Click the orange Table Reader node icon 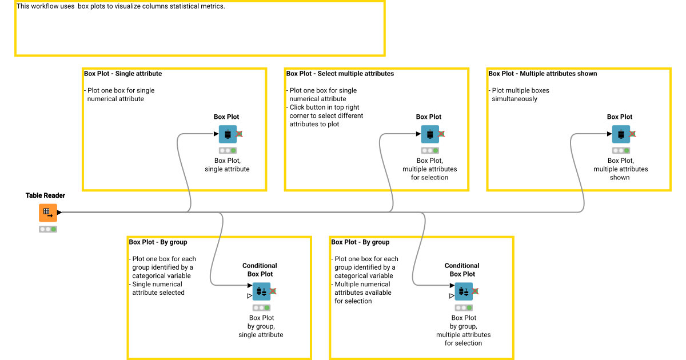(x=48, y=213)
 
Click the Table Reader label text (x=45, y=195)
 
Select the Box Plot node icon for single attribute (x=228, y=134)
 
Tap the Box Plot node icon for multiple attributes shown (x=621, y=134)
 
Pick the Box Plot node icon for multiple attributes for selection (x=430, y=134)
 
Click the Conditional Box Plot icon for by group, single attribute (x=261, y=291)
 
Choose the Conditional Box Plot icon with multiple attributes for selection (x=464, y=291)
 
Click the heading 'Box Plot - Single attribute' (x=123, y=74)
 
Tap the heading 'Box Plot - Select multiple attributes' (x=340, y=74)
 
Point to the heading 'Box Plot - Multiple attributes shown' (x=543, y=74)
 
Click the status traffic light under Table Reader (x=48, y=229)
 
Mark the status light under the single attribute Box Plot (x=228, y=151)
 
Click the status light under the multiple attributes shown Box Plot (x=621, y=151)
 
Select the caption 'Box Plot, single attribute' (x=227, y=165)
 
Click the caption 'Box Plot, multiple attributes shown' (x=620, y=169)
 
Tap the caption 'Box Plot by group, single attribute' (x=261, y=326)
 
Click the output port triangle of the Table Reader (x=59, y=213)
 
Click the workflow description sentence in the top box (x=121, y=7)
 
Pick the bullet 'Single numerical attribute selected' (x=157, y=288)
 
